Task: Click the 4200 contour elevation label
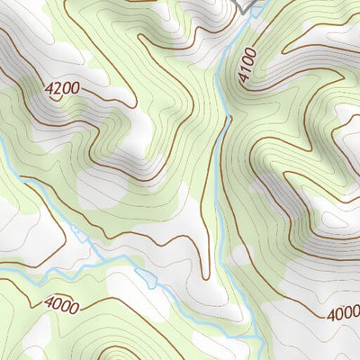[x=61, y=88]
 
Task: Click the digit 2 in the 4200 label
[x=56, y=86]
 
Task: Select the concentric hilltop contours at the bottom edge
[x=121, y=353]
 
